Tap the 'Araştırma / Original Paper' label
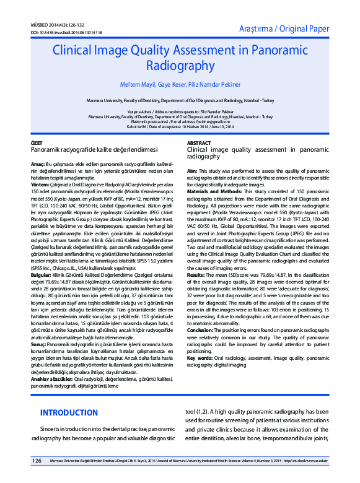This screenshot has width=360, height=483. tap(284, 28)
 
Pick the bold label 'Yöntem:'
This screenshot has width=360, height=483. tap(40, 185)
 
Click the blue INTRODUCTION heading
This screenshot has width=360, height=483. tap(69, 395)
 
